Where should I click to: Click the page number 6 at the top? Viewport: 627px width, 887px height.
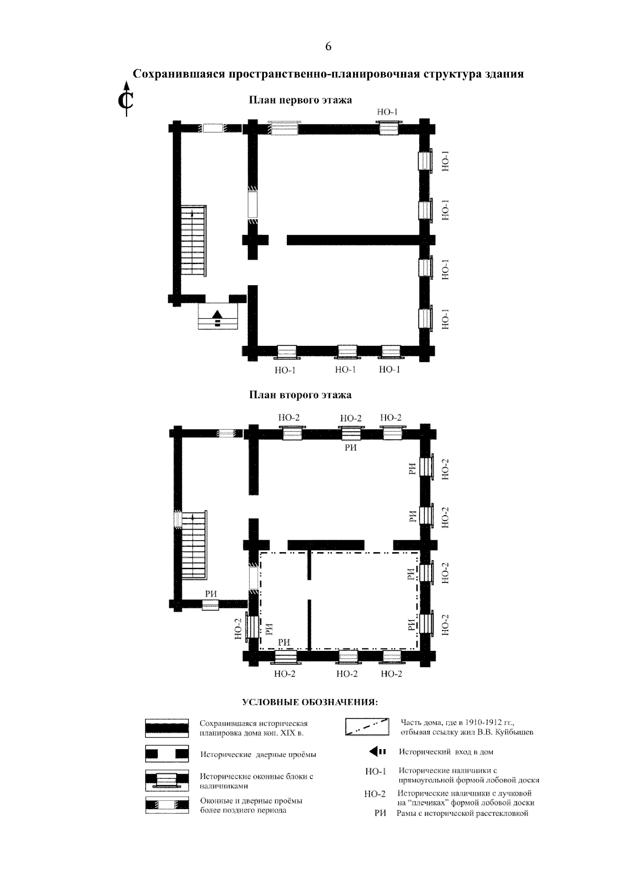point(328,46)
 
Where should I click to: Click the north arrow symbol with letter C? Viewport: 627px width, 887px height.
point(126,99)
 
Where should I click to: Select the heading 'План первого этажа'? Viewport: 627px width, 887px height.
point(300,100)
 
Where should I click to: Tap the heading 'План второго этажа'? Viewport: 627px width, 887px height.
point(300,395)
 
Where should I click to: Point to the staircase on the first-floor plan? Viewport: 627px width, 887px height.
point(194,241)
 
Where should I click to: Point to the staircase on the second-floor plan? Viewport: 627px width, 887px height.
point(194,544)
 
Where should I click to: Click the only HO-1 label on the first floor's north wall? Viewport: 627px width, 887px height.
point(387,112)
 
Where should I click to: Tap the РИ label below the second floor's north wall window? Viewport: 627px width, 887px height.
point(351,448)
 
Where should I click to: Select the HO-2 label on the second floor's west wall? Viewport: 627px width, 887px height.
point(238,629)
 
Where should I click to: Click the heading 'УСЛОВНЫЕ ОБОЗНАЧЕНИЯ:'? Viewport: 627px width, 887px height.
point(310,703)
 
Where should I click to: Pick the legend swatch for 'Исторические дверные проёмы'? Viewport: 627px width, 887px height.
point(167,754)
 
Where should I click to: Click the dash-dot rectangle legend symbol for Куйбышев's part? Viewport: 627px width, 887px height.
point(366,727)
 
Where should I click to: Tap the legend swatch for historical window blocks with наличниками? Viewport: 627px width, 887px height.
point(167,779)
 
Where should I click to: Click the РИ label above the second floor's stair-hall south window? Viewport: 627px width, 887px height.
point(211,593)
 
